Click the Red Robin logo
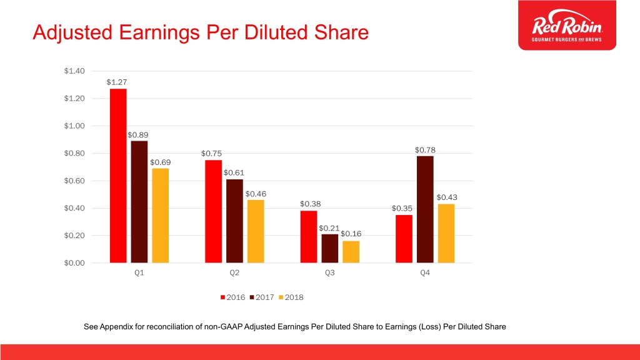(x=567, y=25)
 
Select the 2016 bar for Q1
(x=118, y=176)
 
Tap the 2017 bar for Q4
(x=425, y=209)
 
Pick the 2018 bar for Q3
(x=351, y=252)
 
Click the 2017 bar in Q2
(x=234, y=221)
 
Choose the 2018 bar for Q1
(x=161, y=216)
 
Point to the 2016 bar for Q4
(x=404, y=239)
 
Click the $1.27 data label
(x=117, y=82)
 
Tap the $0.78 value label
(x=425, y=150)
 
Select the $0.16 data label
(x=351, y=234)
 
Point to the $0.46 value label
(x=256, y=194)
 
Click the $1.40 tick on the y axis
(x=74, y=71)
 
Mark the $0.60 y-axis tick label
(x=74, y=181)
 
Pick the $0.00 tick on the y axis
(x=74, y=263)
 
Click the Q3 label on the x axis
(x=330, y=272)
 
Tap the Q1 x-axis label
(x=139, y=272)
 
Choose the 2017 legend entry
(x=262, y=297)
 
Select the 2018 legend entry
(x=291, y=297)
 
